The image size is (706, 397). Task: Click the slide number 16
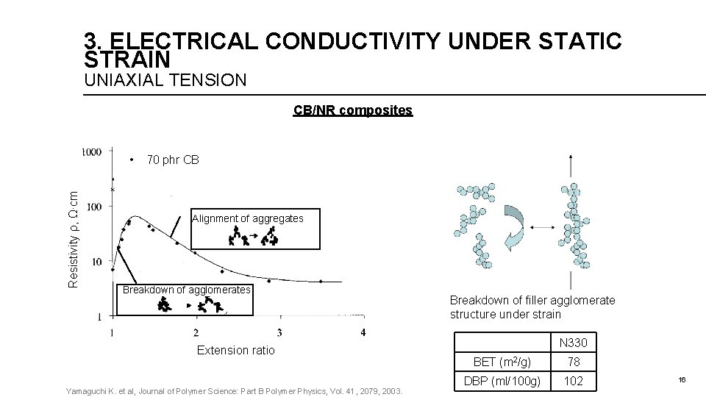[x=682, y=379]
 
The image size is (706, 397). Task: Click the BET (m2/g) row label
[x=502, y=362]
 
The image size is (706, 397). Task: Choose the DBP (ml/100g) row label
[x=502, y=381]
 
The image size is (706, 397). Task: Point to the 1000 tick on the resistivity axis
[x=92, y=152]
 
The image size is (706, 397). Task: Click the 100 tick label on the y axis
[x=93, y=207]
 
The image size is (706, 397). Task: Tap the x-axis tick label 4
[x=363, y=332]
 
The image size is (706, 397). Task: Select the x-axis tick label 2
[x=196, y=332]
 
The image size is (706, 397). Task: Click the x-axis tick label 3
[x=279, y=332]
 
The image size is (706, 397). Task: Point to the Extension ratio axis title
[x=235, y=351]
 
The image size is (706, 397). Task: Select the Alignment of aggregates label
[x=247, y=218]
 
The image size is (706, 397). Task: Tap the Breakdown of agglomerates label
[x=187, y=290]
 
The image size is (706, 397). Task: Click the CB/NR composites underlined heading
[x=353, y=110]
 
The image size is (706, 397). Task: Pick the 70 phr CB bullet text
[x=173, y=160]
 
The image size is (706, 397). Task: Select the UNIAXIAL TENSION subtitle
[x=165, y=79]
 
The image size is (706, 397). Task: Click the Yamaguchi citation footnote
[x=234, y=390]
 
